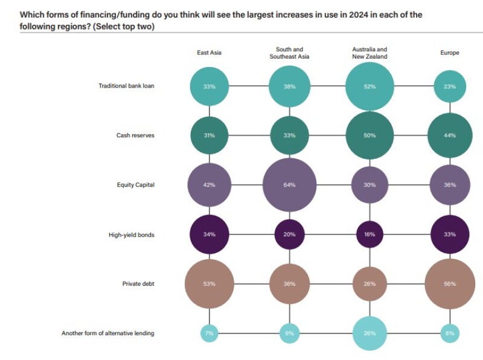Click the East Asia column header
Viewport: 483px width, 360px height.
[x=209, y=53]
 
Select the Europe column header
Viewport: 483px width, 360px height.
[x=449, y=53]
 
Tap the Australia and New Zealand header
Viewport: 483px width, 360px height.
[x=369, y=53]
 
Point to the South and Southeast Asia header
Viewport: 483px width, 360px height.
[x=289, y=53]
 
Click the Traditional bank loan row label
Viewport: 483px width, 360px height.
[x=126, y=86]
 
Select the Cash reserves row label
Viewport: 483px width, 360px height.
[x=135, y=135]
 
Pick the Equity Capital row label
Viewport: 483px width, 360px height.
[x=135, y=185]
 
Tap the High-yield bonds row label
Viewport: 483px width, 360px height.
[x=131, y=234]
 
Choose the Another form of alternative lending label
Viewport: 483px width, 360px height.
[x=107, y=333]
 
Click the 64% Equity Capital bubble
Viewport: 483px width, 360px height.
[x=289, y=185]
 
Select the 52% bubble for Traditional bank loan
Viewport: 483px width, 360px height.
[x=369, y=86]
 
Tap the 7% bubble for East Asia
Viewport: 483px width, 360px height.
[x=209, y=333]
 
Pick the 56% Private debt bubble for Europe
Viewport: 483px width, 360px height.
[x=449, y=283]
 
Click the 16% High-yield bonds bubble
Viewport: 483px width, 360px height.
[x=369, y=234]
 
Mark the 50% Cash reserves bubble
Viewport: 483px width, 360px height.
[x=369, y=135]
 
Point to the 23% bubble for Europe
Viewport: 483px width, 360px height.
[x=449, y=86]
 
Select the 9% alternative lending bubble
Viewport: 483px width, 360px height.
[x=289, y=333]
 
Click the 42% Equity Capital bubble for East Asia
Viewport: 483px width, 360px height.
[x=209, y=185]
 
